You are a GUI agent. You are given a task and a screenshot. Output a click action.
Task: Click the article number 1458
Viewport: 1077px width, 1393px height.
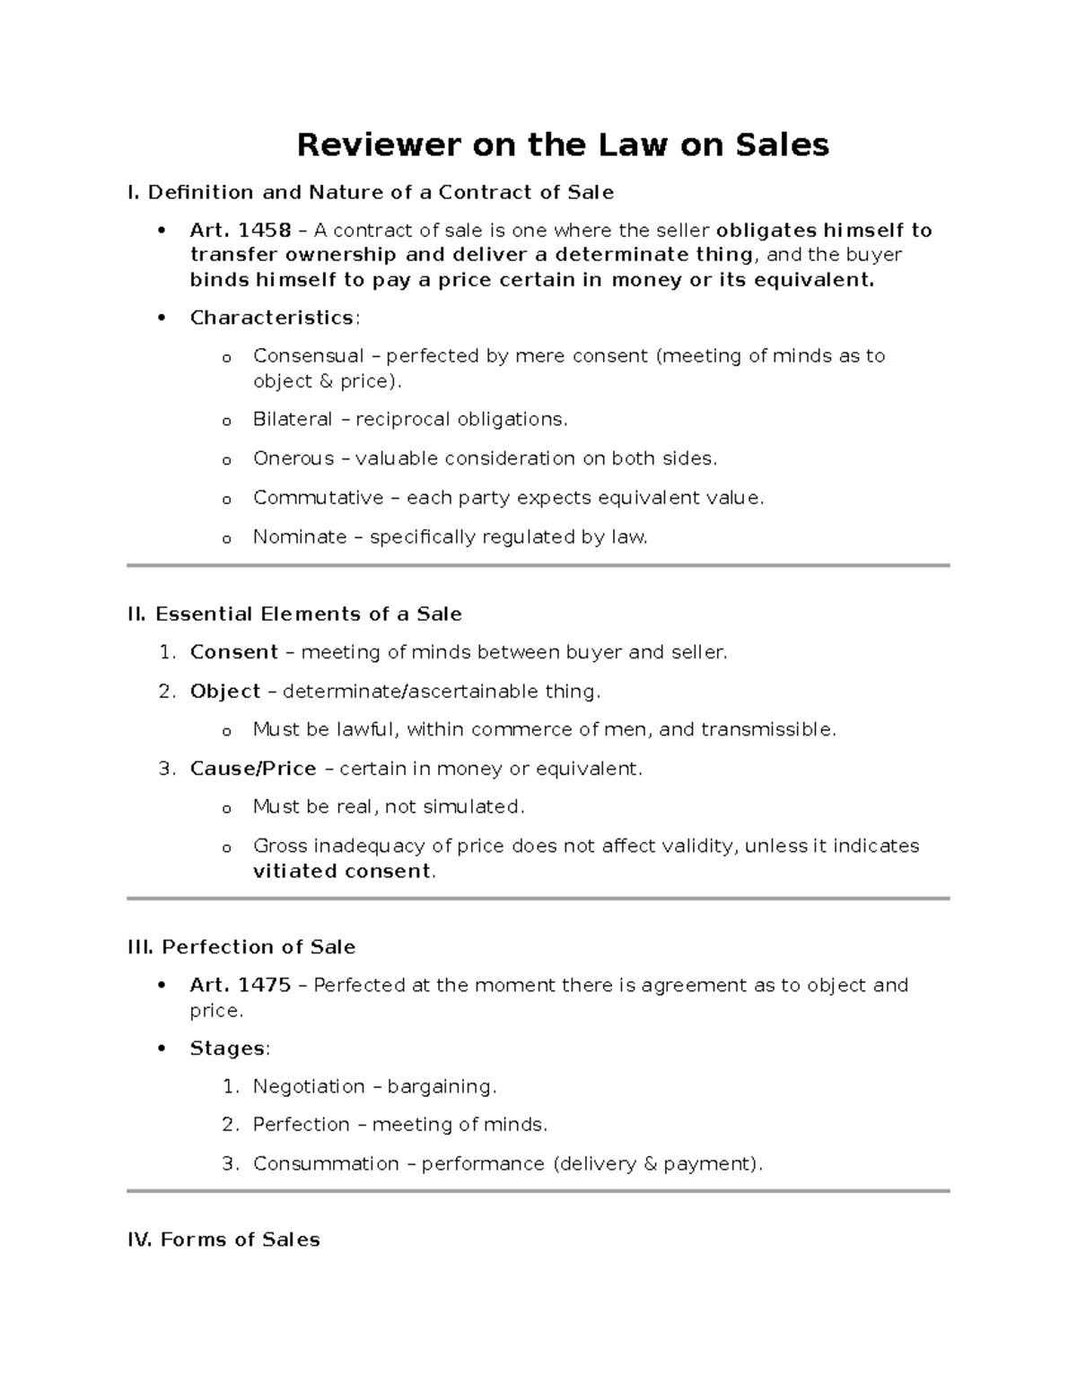(264, 231)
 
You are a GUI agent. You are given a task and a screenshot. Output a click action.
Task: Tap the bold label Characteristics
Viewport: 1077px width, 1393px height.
(271, 318)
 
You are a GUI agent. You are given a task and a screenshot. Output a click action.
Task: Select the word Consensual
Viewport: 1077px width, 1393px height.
(308, 356)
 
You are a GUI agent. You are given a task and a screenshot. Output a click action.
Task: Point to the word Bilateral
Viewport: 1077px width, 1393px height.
(293, 420)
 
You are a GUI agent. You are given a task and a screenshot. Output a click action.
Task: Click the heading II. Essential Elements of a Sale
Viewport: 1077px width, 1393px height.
(294, 614)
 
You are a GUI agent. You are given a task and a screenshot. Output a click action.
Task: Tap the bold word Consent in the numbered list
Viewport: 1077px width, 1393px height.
(233, 652)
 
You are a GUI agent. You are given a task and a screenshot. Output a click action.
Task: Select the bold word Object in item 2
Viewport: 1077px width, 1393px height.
(224, 692)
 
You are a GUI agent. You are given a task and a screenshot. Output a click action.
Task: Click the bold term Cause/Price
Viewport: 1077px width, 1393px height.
(253, 769)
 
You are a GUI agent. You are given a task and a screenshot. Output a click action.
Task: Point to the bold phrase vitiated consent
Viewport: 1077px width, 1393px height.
(342, 871)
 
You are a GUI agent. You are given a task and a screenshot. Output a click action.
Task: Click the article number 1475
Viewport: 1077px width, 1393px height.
(264, 985)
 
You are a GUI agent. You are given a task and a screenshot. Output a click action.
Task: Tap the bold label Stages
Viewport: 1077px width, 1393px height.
(227, 1049)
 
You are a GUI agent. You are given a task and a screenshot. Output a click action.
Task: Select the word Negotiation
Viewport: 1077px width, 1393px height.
(309, 1087)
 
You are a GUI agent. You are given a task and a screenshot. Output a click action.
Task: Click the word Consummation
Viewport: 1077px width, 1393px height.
(326, 1164)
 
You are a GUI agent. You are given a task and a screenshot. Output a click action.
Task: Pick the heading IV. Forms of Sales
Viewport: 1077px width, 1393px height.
(223, 1240)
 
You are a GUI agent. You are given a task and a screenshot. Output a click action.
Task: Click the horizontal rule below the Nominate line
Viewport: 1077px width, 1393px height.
(538, 566)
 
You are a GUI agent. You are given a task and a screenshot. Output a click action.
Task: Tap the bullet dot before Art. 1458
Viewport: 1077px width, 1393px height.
(162, 231)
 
